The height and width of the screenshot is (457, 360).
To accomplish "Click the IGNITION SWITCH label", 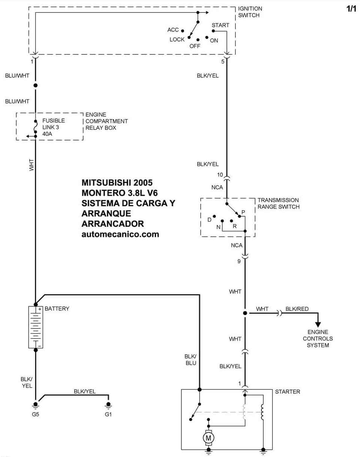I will (x=250, y=12).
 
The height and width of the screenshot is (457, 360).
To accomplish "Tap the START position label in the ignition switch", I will (x=220, y=25).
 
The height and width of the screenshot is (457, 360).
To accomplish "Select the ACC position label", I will (x=173, y=30).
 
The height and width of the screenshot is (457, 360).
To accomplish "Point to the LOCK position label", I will (x=177, y=39).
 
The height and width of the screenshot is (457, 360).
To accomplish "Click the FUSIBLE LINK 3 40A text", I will (x=53, y=127).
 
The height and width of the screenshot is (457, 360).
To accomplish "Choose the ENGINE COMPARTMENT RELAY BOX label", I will (x=106, y=121).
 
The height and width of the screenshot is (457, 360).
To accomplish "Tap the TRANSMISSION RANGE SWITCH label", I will (x=278, y=204).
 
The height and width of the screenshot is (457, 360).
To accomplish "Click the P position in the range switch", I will (x=243, y=212).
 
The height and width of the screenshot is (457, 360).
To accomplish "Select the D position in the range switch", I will (x=209, y=220).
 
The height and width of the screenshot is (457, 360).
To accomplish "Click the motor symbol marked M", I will (x=208, y=437).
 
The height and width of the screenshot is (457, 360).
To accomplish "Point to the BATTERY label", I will (x=57, y=309).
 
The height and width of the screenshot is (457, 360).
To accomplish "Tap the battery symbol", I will (x=36, y=327).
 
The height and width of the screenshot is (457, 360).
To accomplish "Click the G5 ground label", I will (x=35, y=415).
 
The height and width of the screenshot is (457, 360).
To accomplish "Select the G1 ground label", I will (x=108, y=415).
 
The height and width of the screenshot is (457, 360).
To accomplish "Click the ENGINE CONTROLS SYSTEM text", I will (x=318, y=339).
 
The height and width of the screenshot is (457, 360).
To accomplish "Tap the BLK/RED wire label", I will (x=297, y=309).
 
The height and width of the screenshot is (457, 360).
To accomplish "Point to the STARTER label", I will (x=288, y=392).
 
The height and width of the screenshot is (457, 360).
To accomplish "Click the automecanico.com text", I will (x=120, y=234).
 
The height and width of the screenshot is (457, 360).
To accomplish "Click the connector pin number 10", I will (x=220, y=175).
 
